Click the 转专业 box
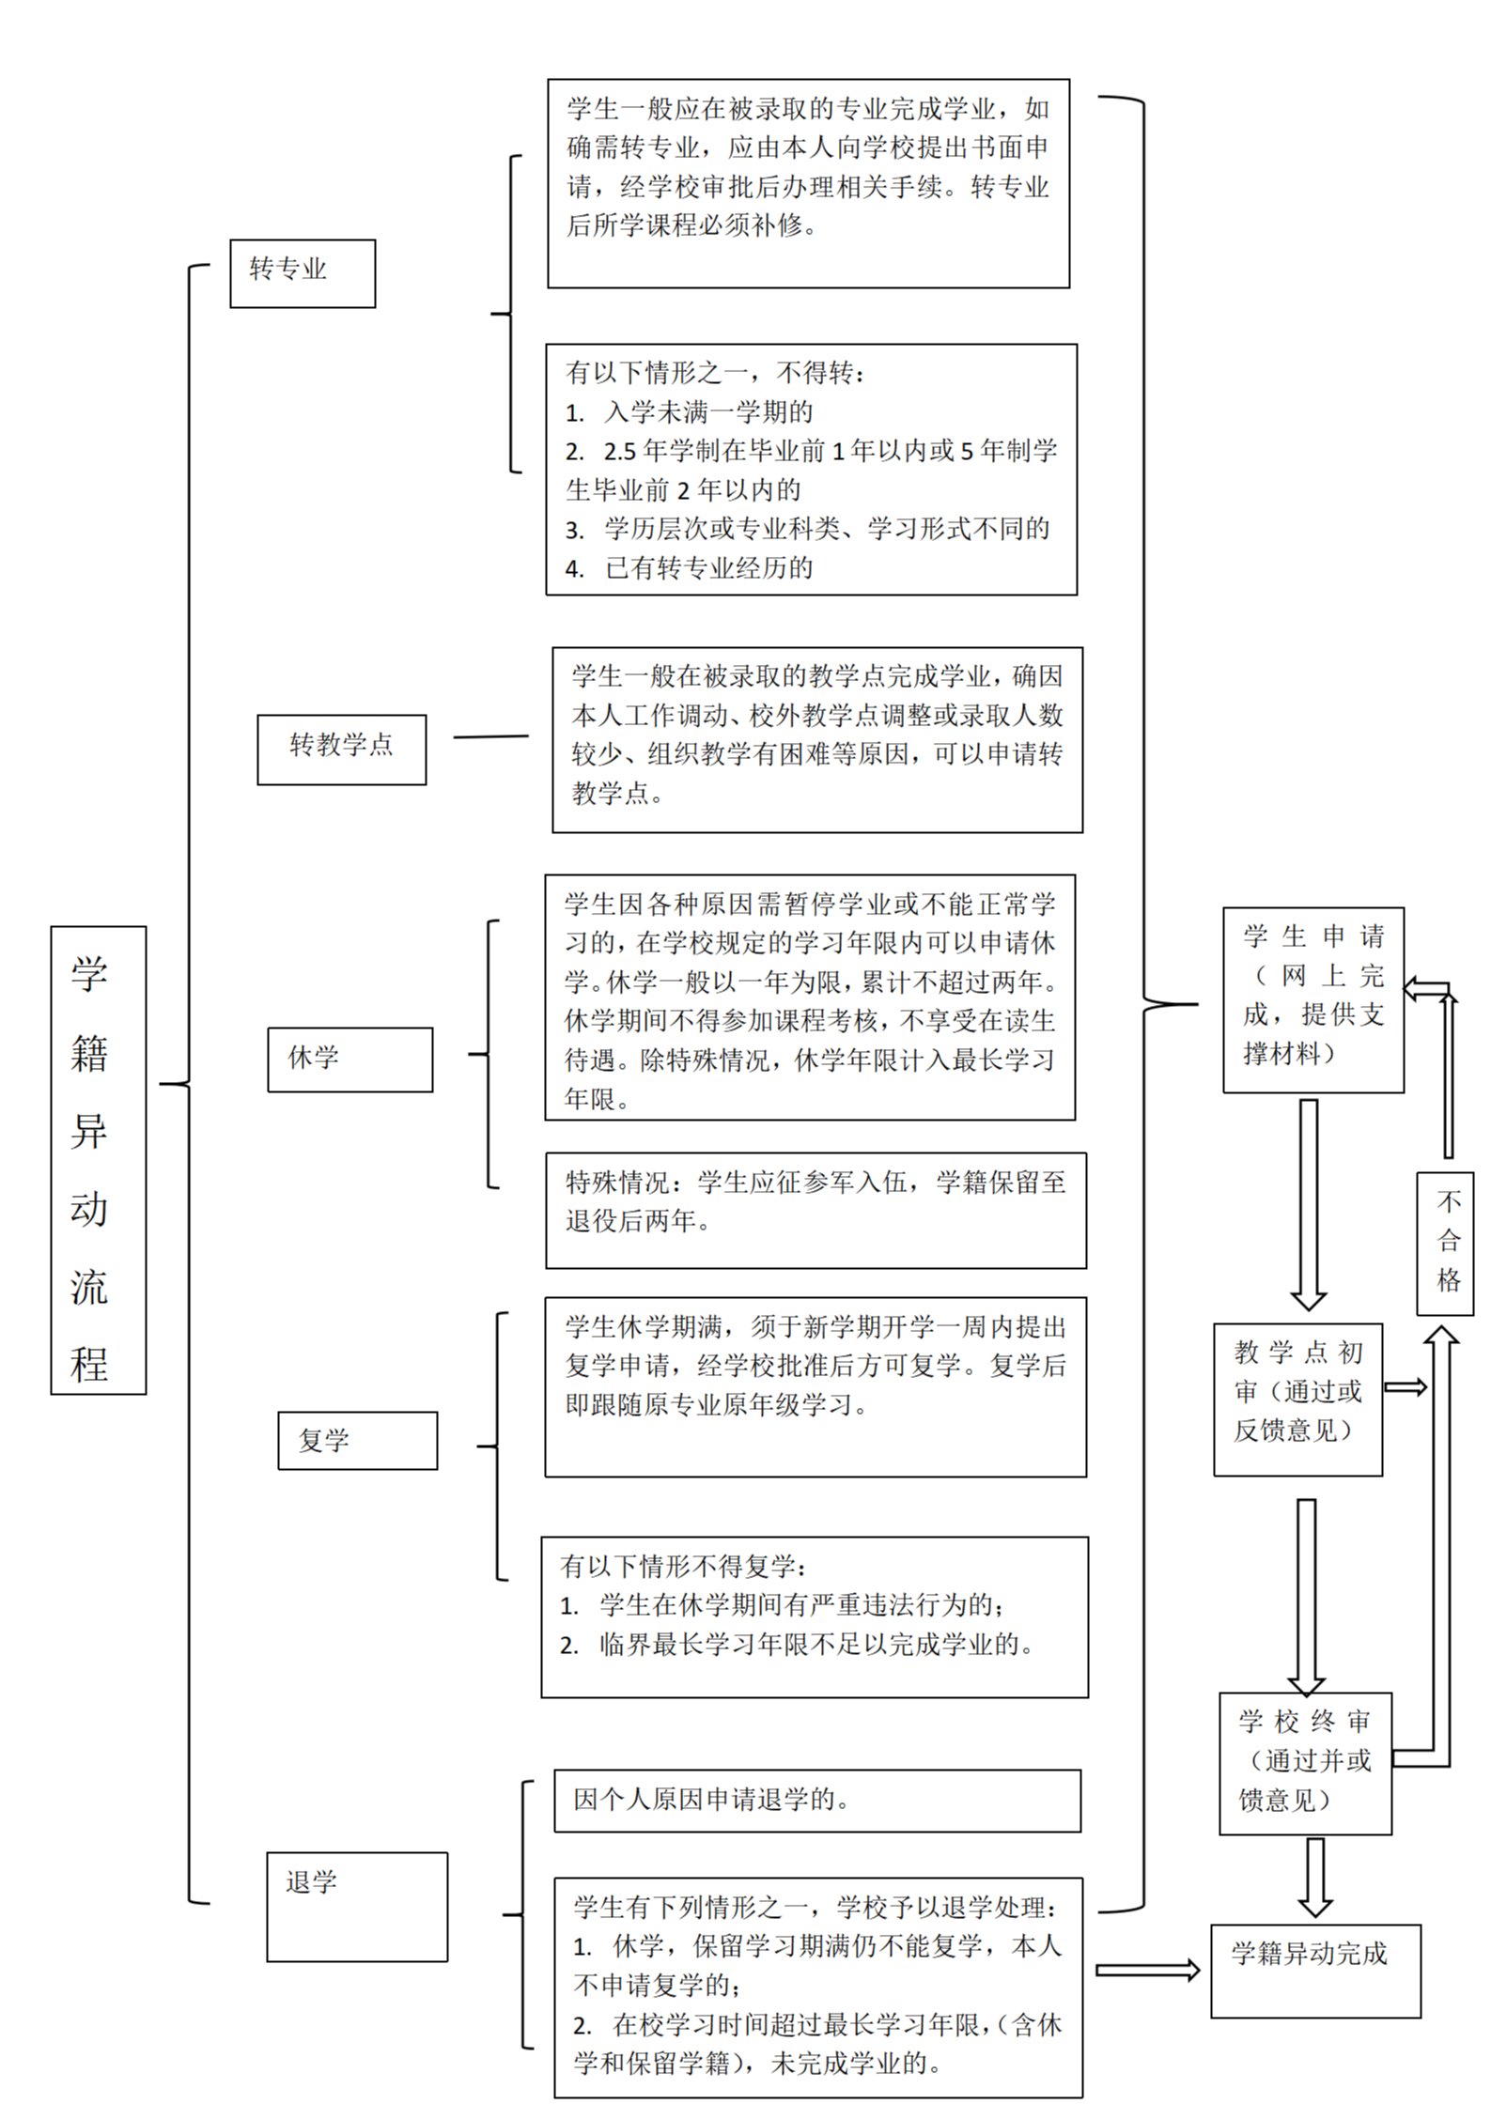303,273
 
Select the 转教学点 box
341,749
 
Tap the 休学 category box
349,1059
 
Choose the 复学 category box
357,1440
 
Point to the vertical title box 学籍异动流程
98,1160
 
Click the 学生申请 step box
1312,999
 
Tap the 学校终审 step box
1304,1763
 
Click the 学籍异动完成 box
1314,1971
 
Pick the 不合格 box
1445,1242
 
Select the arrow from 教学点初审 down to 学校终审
1306,1595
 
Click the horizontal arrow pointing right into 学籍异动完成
1147,1970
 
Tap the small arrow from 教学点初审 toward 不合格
1405,1387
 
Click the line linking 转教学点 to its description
490,736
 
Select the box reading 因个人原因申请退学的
816,1801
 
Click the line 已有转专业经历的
708,568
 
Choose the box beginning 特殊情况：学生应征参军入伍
815,1210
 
